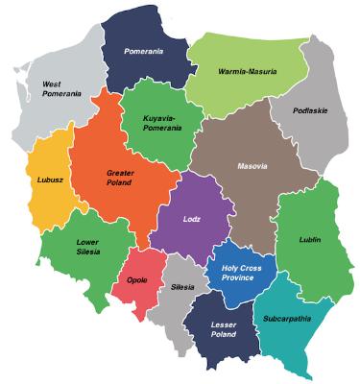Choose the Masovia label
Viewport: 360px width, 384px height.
click(x=253, y=165)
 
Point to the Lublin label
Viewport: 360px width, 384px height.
click(x=308, y=239)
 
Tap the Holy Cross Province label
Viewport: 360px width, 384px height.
click(x=240, y=274)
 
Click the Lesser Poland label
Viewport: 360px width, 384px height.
click(x=223, y=331)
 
